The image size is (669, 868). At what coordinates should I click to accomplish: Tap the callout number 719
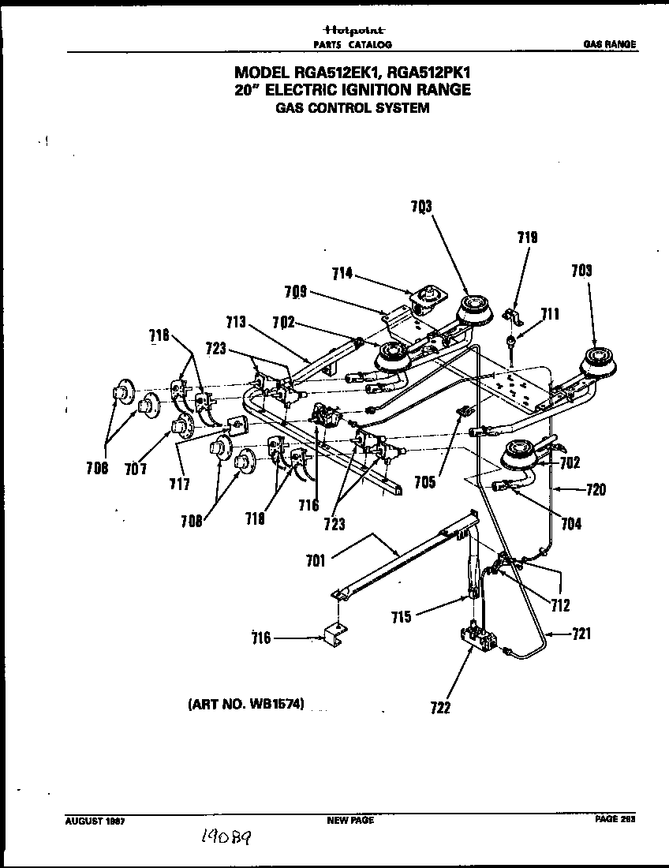(x=528, y=236)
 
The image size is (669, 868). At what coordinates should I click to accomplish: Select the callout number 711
(x=549, y=316)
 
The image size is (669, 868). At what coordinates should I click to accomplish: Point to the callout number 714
(x=342, y=274)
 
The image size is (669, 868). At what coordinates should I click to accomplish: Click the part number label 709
(x=295, y=292)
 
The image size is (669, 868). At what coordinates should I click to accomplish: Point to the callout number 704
(x=570, y=522)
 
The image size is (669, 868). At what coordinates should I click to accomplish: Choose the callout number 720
(x=596, y=490)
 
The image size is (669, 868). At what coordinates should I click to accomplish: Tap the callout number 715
(x=402, y=617)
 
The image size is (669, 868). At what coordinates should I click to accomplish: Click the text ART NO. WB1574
(x=245, y=702)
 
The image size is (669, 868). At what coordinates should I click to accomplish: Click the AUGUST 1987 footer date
(x=95, y=821)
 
